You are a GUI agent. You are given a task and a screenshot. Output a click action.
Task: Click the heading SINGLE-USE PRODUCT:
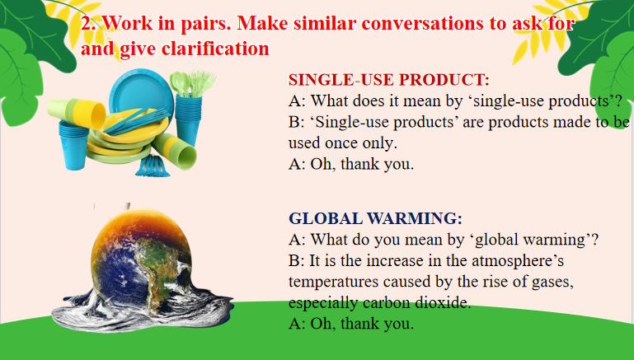388,81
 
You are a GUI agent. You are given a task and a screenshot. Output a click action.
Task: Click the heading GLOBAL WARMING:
375,219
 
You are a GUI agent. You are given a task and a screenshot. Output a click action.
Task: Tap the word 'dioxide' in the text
444,302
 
